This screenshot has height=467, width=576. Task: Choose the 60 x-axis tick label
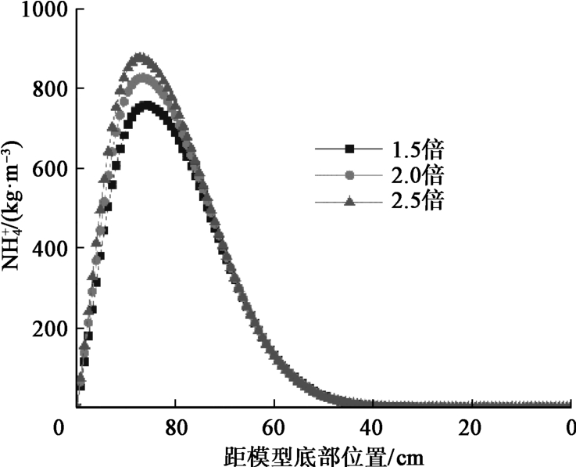(x=274, y=428)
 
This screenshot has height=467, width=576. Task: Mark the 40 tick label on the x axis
(x=373, y=428)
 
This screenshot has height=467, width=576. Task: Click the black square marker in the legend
(x=350, y=148)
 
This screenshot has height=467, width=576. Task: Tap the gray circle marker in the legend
(x=350, y=174)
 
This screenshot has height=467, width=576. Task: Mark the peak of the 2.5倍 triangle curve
(x=141, y=57)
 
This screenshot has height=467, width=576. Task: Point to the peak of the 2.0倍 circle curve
(x=143, y=79)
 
